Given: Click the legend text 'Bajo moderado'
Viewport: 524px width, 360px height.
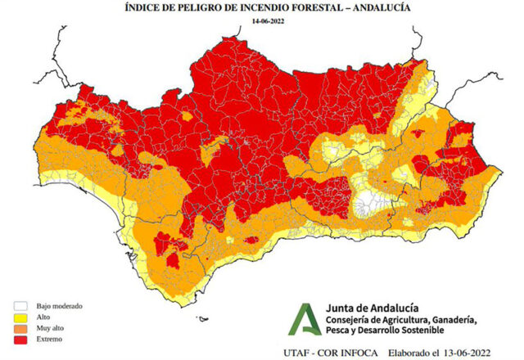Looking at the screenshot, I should click(x=48, y=307).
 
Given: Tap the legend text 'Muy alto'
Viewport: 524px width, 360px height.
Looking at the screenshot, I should click(x=41, y=328).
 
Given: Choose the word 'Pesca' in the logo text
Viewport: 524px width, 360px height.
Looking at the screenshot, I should click(x=337, y=331).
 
